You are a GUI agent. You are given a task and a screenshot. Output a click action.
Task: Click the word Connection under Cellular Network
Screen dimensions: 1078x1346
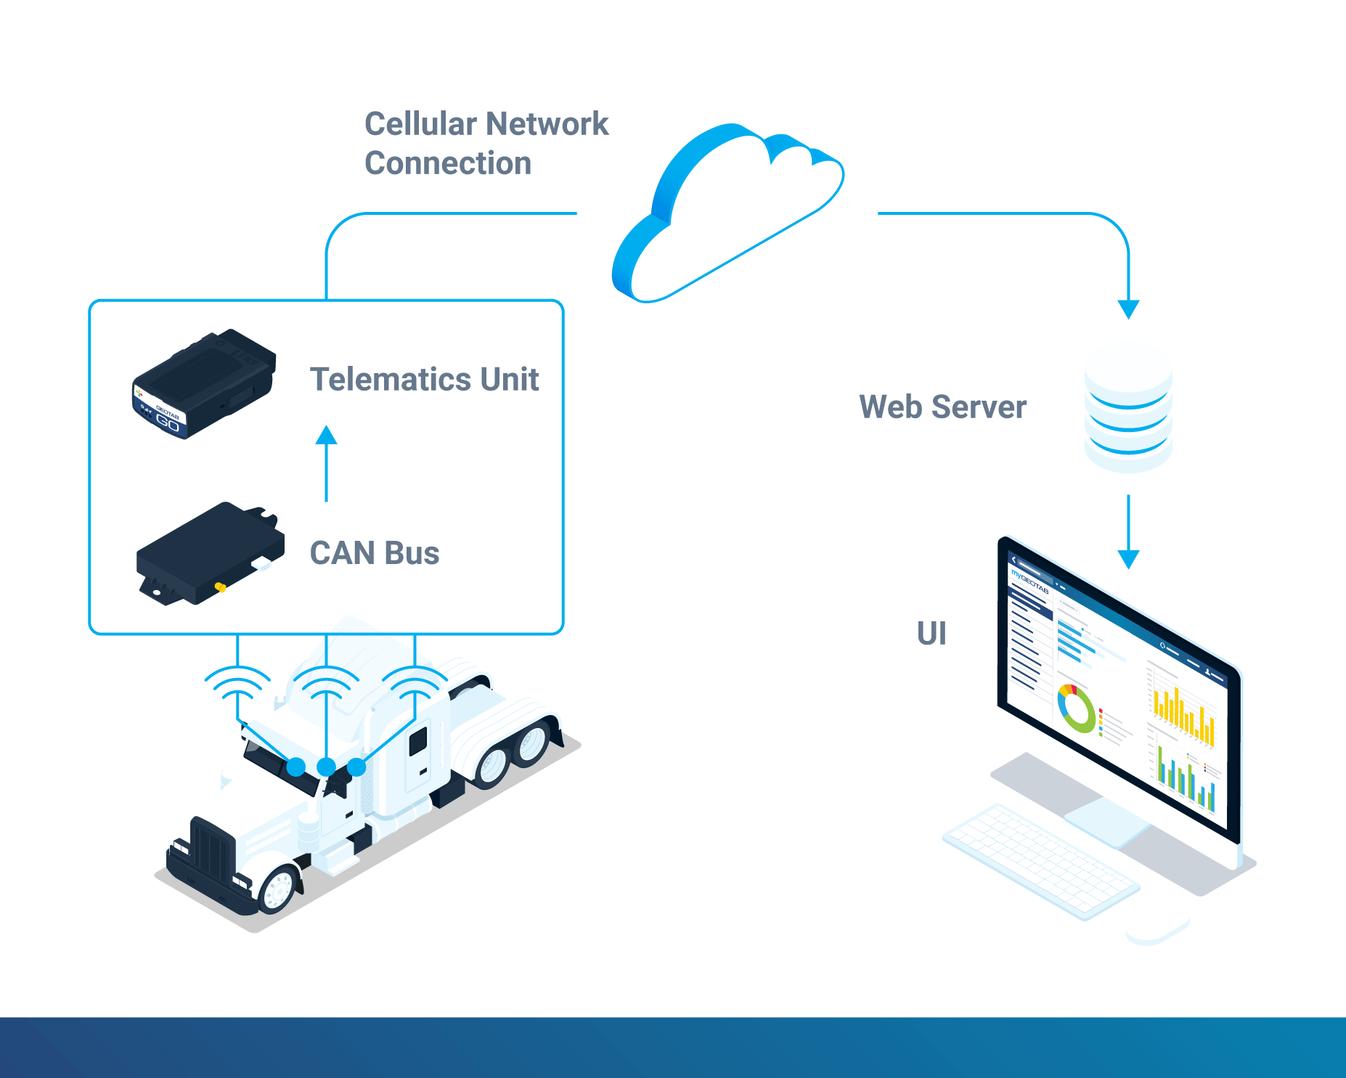click(x=448, y=163)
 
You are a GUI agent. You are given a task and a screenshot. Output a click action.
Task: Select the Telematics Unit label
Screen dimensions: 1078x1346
click(x=424, y=380)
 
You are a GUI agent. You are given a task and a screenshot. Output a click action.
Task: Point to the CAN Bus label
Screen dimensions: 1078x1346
click(x=375, y=553)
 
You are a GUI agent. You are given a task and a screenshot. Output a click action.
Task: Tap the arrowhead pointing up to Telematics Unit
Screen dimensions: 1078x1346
click(x=327, y=435)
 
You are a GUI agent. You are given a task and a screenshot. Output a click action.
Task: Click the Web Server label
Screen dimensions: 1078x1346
click(x=942, y=407)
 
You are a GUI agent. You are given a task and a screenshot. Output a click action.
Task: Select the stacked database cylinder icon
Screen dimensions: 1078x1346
click(x=1128, y=410)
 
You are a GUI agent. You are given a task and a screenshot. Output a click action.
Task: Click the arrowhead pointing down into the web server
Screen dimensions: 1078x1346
click(x=1128, y=309)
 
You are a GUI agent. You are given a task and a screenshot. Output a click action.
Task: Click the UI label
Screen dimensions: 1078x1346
click(x=931, y=634)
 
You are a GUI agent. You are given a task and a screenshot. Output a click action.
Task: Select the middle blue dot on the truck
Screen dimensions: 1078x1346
click(x=327, y=767)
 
